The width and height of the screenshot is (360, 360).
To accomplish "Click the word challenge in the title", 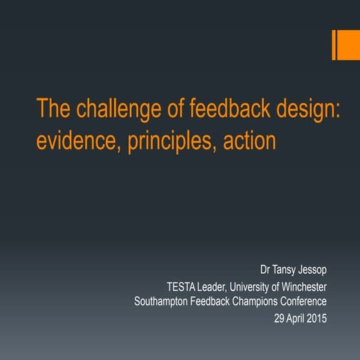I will point(114,109).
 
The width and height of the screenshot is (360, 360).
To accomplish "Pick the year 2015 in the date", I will point(316,319).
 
